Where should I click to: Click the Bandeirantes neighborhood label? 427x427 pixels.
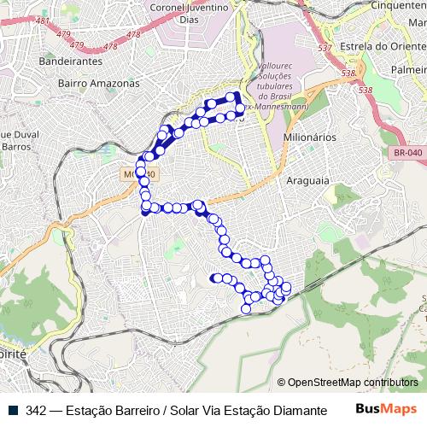(x=71, y=61)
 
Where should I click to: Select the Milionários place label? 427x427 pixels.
(x=308, y=137)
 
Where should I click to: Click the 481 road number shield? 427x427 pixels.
(x=43, y=20)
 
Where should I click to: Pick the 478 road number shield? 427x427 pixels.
(x=133, y=35)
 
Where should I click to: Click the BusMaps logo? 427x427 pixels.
(x=386, y=410)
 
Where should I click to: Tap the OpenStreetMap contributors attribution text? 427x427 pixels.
(x=347, y=383)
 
